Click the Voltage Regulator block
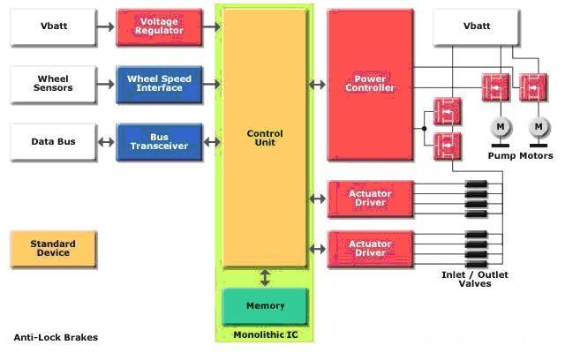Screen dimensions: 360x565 [x=159, y=26]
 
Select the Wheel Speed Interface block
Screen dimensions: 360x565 [x=159, y=83]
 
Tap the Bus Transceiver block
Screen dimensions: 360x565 [x=159, y=141]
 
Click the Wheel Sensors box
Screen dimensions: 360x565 [x=54, y=83]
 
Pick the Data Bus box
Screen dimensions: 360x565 [x=54, y=141]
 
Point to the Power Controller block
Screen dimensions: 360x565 [x=370, y=84]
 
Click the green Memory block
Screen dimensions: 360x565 [x=266, y=306]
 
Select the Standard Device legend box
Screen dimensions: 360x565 [x=53, y=248]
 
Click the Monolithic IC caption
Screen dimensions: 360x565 [x=264, y=335]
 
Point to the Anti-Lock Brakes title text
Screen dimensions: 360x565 [x=56, y=338]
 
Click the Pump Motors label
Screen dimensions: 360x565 [x=520, y=155]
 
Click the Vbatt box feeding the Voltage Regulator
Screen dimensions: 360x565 [x=54, y=26]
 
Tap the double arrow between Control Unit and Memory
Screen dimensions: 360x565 [x=265, y=278]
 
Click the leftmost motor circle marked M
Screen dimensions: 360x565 [x=500, y=128]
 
